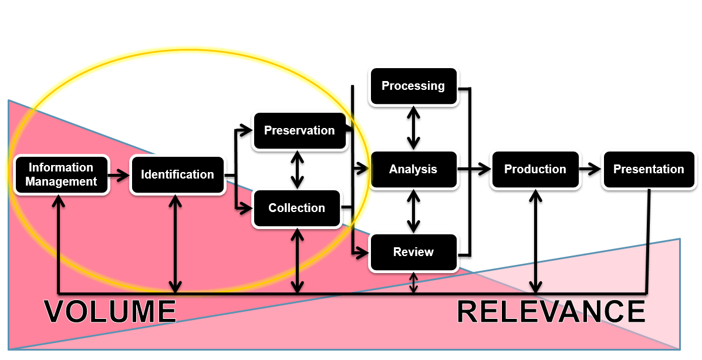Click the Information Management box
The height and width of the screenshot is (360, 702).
click(x=61, y=174)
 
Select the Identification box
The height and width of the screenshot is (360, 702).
click(x=177, y=174)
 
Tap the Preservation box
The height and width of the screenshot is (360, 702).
click(x=299, y=130)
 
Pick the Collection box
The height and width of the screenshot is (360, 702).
click(x=296, y=208)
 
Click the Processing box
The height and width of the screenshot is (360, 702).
click(x=413, y=86)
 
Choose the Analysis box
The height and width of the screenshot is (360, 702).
click(x=413, y=169)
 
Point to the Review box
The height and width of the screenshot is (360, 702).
click(x=413, y=252)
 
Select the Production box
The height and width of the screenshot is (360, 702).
click(x=535, y=169)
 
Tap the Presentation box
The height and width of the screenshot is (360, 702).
click(x=649, y=169)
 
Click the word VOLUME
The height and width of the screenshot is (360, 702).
click(x=110, y=311)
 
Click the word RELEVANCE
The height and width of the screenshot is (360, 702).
click(x=551, y=311)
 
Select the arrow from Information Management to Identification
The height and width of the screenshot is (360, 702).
click(x=119, y=174)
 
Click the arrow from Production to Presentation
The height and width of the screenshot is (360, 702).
click(x=590, y=169)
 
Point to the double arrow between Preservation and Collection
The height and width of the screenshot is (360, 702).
click(x=298, y=169)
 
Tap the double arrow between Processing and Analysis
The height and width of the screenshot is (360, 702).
click(x=414, y=127)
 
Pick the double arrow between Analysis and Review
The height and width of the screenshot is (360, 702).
click(x=414, y=210)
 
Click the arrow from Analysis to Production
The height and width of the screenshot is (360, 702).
click(x=473, y=169)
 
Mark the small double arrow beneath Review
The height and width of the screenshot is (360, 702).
click(x=414, y=282)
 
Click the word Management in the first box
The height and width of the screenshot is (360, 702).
click(x=61, y=181)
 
